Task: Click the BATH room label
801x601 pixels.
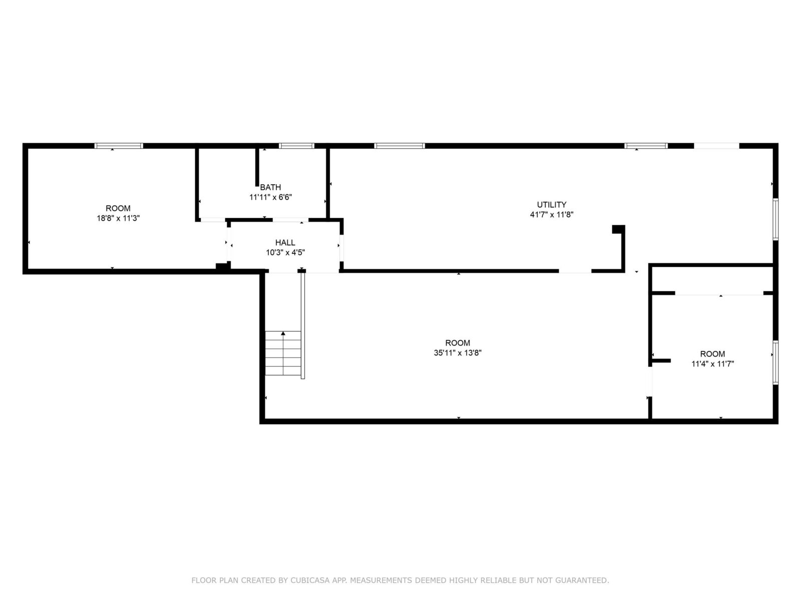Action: [270, 187]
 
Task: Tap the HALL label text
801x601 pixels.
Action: [285, 242]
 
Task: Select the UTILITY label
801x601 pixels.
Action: [551, 204]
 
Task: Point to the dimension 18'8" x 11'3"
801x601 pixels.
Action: [118, 218]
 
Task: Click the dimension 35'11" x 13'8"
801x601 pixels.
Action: [458, 353]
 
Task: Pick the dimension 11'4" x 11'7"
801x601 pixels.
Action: [713, 364]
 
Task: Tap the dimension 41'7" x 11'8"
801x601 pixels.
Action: [551, 214]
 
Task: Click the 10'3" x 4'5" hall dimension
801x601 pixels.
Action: [285, 252]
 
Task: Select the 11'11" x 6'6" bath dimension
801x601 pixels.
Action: [270, 197]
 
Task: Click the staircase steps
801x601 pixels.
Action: [283, 353]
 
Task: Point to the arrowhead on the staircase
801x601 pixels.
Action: [283, 333]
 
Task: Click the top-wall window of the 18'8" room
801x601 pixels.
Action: [119, 146]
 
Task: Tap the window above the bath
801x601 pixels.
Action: [297, 146]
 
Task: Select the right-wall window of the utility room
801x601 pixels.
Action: [775, 219]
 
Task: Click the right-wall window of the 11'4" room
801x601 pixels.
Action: [775, 362]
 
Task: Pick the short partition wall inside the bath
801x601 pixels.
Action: [257, 167]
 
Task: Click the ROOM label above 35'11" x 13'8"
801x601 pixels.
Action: [458, 343]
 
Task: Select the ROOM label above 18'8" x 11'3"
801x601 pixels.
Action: [118, 208]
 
